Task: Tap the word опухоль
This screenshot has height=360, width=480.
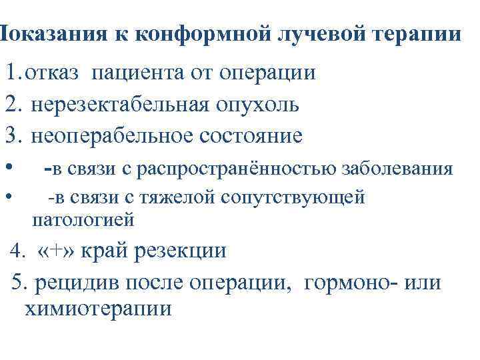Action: click(x=257, y=105)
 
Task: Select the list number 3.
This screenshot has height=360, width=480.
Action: click(x=12, y=136)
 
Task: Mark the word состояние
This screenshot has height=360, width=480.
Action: click(x=251, y=136)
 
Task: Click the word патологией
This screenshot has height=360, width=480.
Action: click(x=83, y=219)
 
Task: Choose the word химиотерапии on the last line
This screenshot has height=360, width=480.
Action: click(x=98, y=309)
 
